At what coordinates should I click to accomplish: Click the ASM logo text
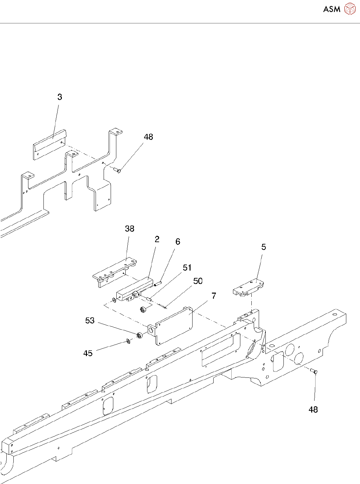click(x=332, y=9)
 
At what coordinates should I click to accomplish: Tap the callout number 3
click(x=59, y=97)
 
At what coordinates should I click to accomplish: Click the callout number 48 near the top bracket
click(x=148, y=137)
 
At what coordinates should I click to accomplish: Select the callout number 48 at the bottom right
click(x=313, y=410)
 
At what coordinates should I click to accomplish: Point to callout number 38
click(x=130, y=229)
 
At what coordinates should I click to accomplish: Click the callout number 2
click(x=157, y=239)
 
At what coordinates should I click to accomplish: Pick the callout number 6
click(x=178, y=241)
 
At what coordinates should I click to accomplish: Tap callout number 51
click(x=187, y=268)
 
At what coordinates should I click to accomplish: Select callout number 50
click(x=198, y=281)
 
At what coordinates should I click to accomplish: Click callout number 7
click(x=214, y=296)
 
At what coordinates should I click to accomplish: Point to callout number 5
click(x=264, y=247)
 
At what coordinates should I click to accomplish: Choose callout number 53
click(x=90, y=321)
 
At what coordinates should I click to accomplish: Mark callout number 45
click(x=88, y=353)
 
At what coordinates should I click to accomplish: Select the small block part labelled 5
click(x=248, y=288)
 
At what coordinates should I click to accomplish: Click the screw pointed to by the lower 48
click(x=314, y=371)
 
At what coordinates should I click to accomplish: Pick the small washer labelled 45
click(x=128, y=341)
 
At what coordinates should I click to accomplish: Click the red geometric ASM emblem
click(x=350, y=9)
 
